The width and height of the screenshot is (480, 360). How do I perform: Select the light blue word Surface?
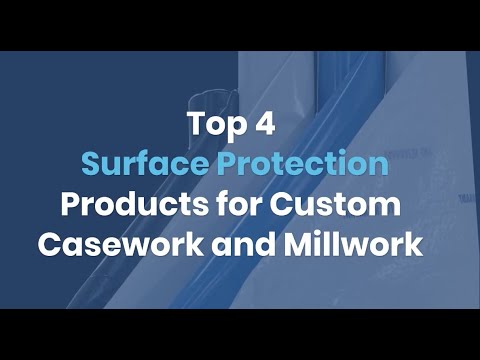(x=140, y=164)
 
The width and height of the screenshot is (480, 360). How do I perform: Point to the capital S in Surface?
(x=90, y=164)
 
